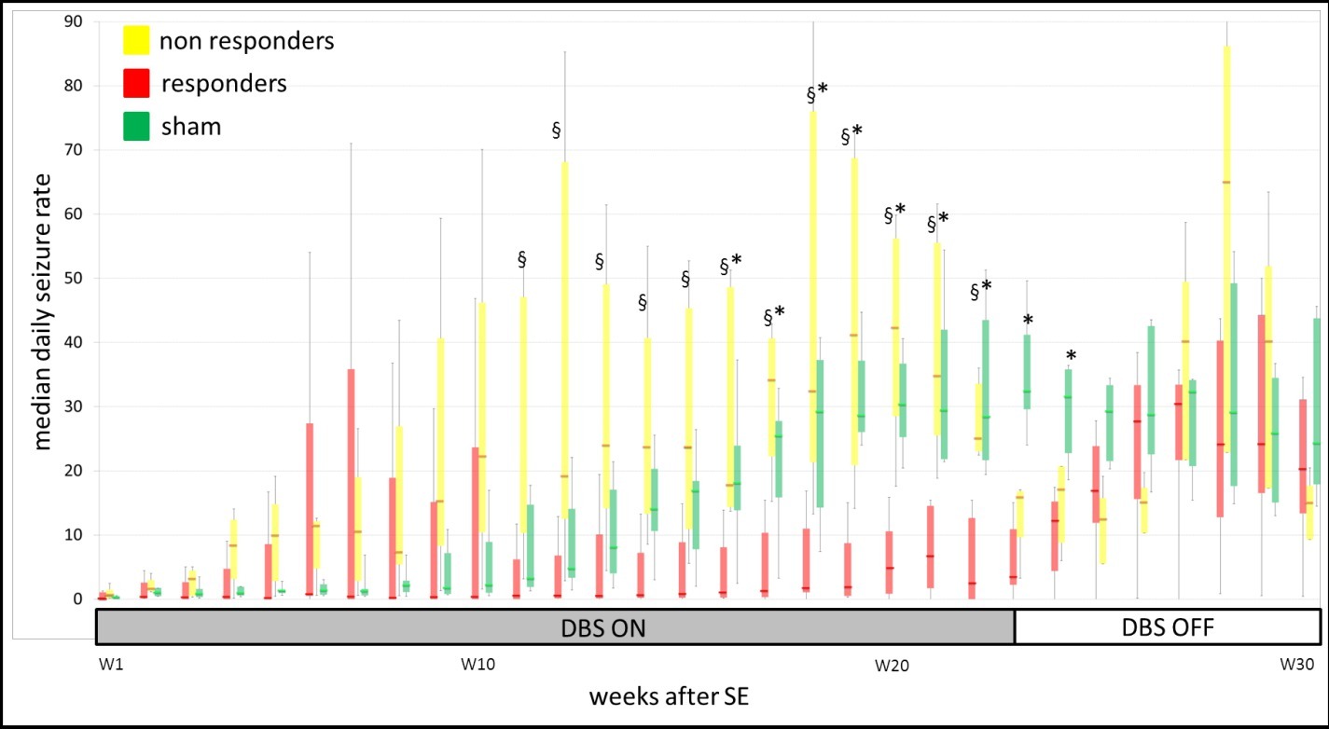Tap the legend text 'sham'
point(190,127)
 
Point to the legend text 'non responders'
point(246,42)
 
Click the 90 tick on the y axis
point(70,21)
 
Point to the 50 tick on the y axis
point(70,278)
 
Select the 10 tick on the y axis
point(70,535)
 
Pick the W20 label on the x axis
point(891,666)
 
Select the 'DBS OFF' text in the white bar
point(1168,627)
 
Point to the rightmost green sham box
point(1316,401)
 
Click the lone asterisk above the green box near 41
point(1027,322)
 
